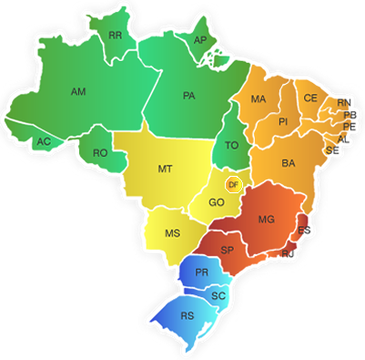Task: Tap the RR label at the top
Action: point(116,36)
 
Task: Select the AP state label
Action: point(200,41)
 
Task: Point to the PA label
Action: point(189,95)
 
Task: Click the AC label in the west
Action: point(43,141)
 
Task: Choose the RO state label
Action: point(100,153)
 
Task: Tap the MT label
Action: point(166,170)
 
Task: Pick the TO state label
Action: point(231,146)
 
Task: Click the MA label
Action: point(259,99)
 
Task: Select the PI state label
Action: point(283,121)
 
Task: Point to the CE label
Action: point(310,98)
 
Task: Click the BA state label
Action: point(289,163)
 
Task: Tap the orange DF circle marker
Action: point(233,185)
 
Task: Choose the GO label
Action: point(217,202)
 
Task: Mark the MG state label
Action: point(267,220)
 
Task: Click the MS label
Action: point(172,233)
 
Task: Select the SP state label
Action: point(228,250)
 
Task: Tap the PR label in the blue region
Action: point(202,273)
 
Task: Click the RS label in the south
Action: point(188,316)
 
